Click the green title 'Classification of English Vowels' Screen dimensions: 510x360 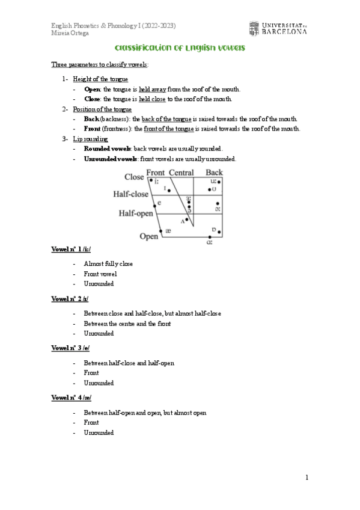click(180, 48)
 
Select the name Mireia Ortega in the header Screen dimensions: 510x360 click(69, 33)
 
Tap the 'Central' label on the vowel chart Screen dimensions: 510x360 click(181, 173)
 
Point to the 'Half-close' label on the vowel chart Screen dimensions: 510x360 click(130, 194)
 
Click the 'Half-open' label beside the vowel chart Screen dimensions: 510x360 click(135, 213)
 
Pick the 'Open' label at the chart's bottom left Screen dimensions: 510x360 click(148, 236)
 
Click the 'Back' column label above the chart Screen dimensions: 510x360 click(214, 173)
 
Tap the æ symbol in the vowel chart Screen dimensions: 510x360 click(168, 231)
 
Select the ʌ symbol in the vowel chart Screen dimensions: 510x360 click(182, 221)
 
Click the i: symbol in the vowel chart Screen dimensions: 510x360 click(157, 181)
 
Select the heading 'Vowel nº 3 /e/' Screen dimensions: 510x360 click(71, 349)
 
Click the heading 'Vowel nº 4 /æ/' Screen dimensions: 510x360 click(71, 398)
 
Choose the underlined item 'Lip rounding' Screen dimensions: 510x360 click(90, 139)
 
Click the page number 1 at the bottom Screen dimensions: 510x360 click(307, 478)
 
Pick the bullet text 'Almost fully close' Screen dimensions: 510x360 click(108, 264)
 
